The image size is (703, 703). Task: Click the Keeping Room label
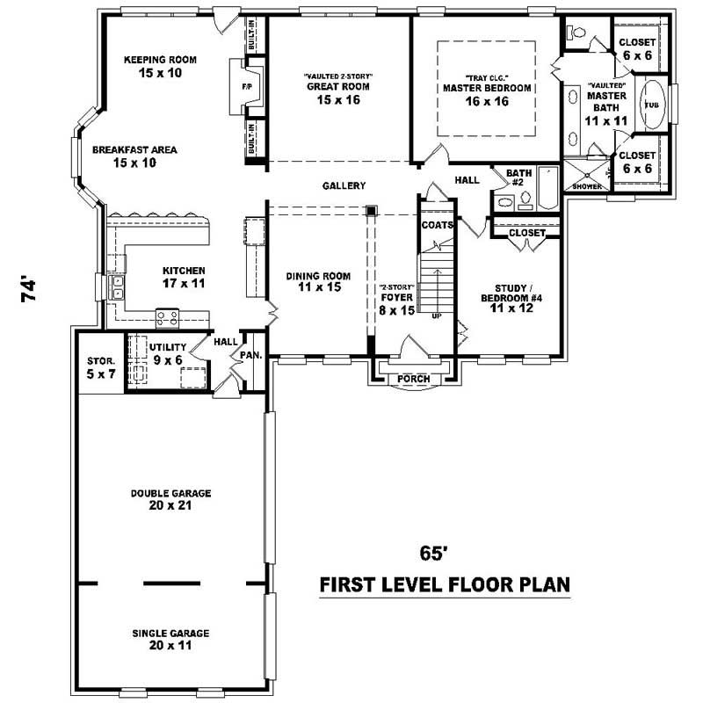click(x=160, y=60)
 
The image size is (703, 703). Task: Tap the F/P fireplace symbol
click(x=247, y=88)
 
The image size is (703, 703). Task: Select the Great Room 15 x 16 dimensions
click(x=337, y=100)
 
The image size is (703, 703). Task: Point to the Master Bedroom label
click(x=487, y=88)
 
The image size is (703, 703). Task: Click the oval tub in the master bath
click(x=651, y=105)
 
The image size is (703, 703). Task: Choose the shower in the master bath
click(x=583, y=174)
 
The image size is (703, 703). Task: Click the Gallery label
click(x=344, y=185)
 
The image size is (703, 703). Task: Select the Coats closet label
click(x=437, y=225)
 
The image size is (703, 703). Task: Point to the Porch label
click(x=414, y=379)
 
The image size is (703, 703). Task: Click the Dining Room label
click(x=313, y=276)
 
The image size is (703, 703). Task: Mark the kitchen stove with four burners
click(x=167, y=317)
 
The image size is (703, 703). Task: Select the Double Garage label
click(x=171, y=493)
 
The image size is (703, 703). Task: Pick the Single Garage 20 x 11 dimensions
click(x=171, y=645)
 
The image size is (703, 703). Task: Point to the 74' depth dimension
click(x=30, y=291)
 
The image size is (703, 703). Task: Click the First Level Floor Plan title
click(x=444, y=584)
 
